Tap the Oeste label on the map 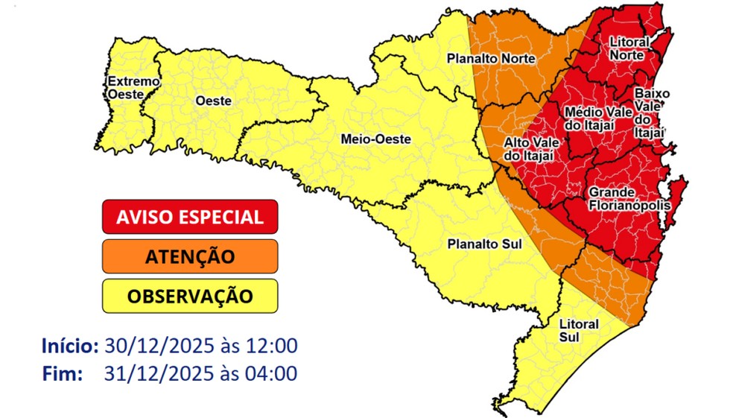tap(212, 101)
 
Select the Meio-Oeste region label tap(375, 139)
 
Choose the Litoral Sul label tap(578, 330)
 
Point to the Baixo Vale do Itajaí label tap(652, 113)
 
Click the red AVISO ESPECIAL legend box tap(190, 217)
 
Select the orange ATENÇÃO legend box tap(190, 256)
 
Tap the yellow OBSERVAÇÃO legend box tap(190, 296)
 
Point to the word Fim tap(62, 373)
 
